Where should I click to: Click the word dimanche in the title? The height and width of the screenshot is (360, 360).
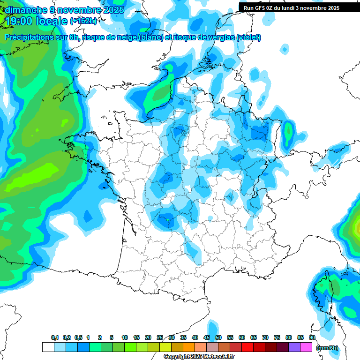point(26,10)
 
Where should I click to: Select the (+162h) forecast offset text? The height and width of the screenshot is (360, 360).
point(83,21)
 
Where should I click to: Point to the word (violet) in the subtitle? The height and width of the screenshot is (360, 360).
point(248,37)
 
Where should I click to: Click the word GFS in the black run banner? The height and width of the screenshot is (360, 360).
point(260,8)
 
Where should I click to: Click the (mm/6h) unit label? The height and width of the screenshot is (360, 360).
point(327,348)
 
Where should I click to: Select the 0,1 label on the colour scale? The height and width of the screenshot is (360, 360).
point(54,338)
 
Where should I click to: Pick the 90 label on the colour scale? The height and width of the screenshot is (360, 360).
point(312,338)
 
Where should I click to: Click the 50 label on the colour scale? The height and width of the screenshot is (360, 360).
point(218,338)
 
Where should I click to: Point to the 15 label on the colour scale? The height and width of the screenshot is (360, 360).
point(136,338)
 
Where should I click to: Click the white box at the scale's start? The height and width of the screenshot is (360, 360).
point(48,347)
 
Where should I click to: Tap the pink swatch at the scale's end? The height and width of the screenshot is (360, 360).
point(306,347)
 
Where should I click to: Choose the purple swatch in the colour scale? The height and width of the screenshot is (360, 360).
point(294,347)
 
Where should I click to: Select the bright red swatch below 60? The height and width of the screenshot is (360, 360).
point(247,347)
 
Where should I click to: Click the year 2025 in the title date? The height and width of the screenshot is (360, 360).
point(114,10)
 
